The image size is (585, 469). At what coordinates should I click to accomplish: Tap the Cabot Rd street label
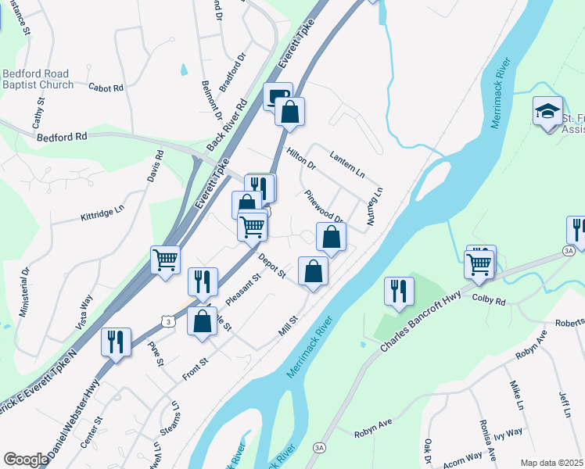point(106,88)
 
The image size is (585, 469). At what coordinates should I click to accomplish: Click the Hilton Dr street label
point(300,159)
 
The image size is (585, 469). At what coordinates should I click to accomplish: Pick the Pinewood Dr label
point(324,206)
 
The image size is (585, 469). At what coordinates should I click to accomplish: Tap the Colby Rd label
point(490,299)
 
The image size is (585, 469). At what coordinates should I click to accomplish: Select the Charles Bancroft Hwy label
point(422,321)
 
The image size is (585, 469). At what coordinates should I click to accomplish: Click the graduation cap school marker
point(547,111)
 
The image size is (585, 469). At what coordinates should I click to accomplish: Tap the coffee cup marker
point(278,97)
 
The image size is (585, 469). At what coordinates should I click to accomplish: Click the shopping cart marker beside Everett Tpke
point(165,260)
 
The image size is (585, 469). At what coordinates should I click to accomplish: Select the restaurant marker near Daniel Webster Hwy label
point(117,342)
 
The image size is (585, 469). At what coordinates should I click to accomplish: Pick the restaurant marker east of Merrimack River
point(399,291)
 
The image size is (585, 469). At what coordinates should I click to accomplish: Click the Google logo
point(26,460)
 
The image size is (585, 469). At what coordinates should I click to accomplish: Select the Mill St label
point(289,327)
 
